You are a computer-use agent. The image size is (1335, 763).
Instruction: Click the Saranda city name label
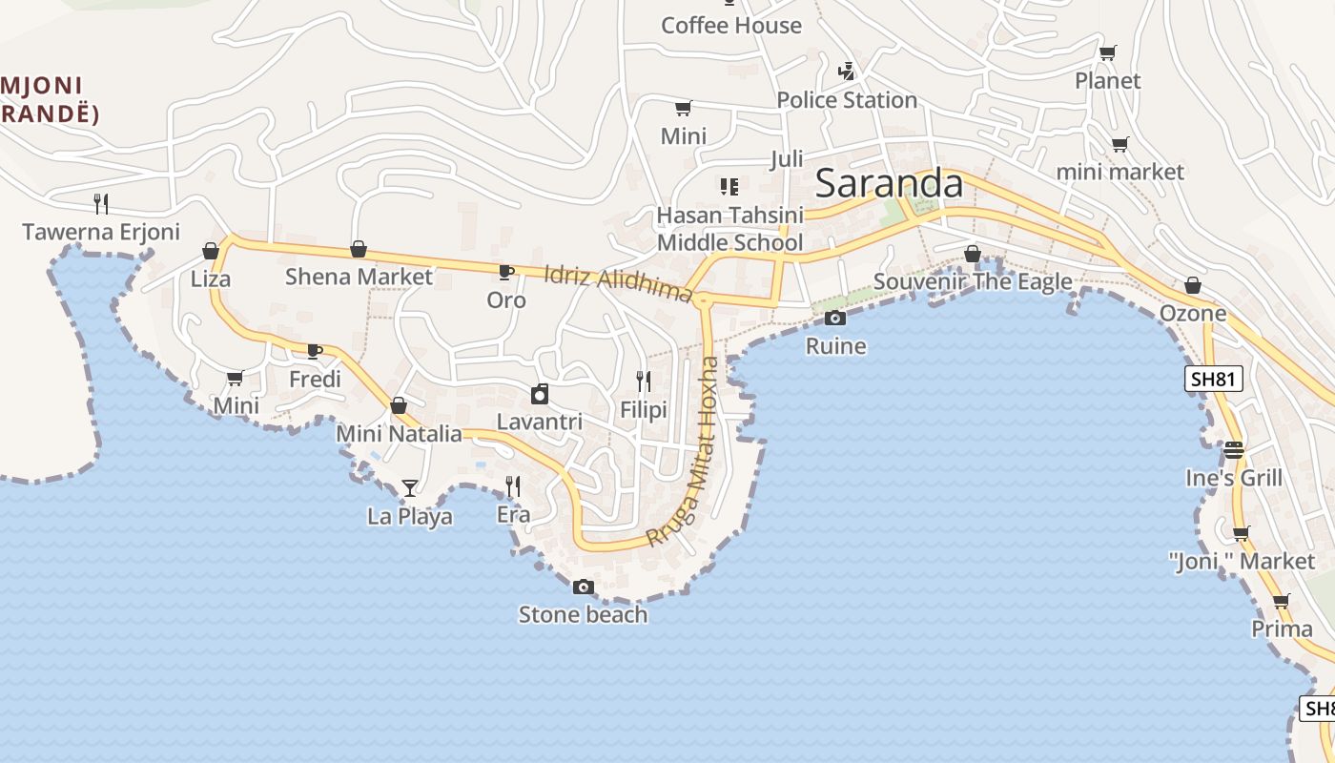point(889,183)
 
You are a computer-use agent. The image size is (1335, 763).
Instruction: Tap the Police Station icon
point(846,71)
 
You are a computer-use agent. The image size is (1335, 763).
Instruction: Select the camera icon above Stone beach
point(584,587)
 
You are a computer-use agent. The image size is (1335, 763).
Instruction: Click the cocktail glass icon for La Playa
point(410,488)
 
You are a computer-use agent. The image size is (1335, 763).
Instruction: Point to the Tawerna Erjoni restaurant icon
point(101,203)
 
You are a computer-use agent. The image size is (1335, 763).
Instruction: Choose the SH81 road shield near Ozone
point(1214,379)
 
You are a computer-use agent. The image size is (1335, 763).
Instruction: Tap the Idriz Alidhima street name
point(618,284)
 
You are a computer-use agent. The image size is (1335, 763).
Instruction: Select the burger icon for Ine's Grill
point(1234,449)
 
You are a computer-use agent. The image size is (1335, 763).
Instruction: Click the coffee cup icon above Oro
point(506,272)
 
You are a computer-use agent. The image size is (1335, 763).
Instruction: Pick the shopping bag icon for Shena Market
point(359,249)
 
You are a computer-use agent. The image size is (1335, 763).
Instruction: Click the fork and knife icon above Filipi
point(644,381)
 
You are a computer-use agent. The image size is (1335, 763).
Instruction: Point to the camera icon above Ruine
point(835,318)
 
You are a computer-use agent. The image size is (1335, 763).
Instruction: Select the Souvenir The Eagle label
point(973,281)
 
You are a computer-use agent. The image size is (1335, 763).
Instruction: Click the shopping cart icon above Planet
point(1107,52)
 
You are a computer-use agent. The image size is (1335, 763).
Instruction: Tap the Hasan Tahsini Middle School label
point(730,229)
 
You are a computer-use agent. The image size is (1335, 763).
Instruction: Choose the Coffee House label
point(731,25)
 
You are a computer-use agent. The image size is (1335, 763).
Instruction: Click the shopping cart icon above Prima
point(1282,602)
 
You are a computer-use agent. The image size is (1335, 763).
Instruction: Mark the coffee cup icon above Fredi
point(315,351)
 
